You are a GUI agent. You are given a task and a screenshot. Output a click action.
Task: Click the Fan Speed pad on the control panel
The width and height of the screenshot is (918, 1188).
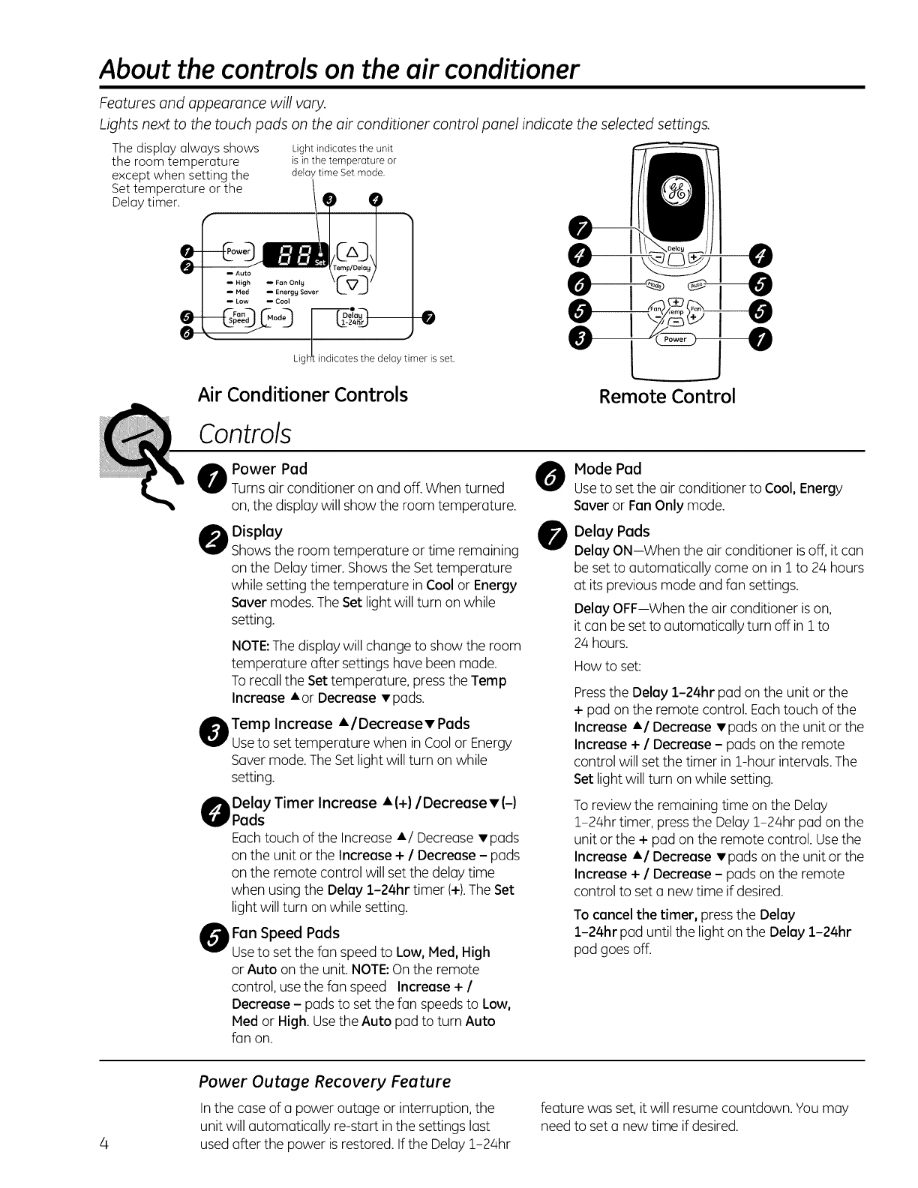238,317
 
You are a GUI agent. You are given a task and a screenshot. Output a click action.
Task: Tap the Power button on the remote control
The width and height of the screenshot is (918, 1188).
675,339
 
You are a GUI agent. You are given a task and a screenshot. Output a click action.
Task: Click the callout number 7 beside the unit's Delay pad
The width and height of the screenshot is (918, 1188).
427,318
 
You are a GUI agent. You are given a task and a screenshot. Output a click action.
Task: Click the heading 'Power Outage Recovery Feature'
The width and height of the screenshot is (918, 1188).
325,1081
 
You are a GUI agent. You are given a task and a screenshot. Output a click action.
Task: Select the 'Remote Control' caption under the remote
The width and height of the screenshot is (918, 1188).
667,396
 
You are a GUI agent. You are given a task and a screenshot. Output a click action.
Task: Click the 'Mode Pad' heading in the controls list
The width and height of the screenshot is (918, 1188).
607,469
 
